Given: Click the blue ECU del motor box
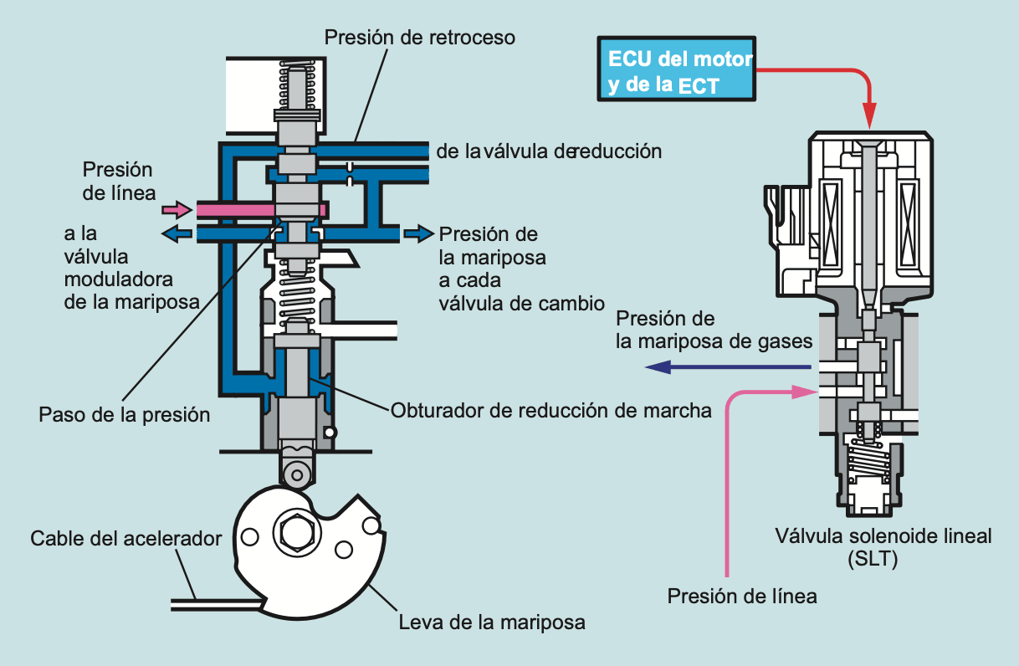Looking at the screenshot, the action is click(677, 69).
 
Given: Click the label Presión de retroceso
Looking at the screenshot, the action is click(419, 38).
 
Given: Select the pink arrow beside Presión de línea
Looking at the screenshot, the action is click(177, 210).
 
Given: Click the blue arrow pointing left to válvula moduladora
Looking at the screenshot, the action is click(177, 233).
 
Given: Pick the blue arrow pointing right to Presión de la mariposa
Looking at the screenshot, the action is click(419, 233).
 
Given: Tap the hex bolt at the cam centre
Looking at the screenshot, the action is click(297, 533).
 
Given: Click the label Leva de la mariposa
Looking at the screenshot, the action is click(492, 622).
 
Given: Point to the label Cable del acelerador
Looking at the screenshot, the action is click(126, 539).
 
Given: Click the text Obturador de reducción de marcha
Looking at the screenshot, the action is click(550, 411).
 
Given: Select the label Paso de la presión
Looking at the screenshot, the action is click(124, 415).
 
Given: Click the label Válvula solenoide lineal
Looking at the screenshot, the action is click(883, 535).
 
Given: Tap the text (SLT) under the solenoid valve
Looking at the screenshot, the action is click(873, 559).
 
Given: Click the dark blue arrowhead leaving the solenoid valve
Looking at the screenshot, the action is click(658, 366).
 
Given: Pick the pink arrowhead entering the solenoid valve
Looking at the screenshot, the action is click(804, 392).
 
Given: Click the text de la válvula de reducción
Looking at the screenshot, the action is click(549, 151).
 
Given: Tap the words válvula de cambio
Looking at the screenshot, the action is click(522, 304).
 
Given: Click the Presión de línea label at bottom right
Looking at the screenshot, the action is click(742, 596).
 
